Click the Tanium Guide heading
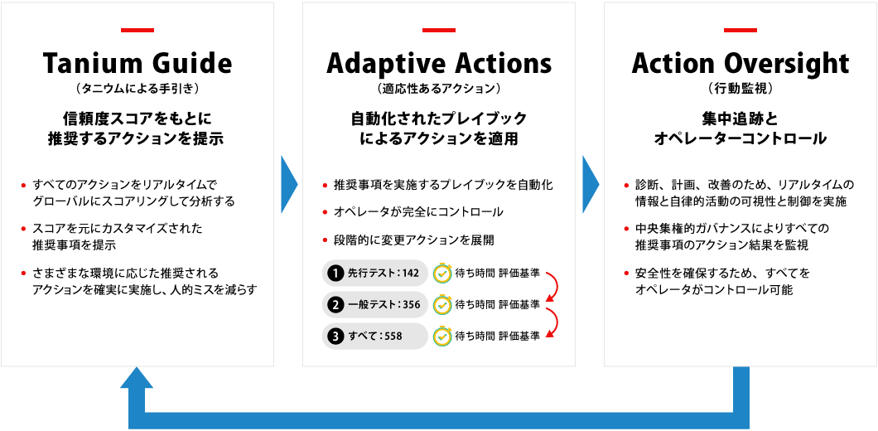(x=137, y=64)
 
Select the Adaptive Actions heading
(x=439, y=64)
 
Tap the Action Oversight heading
(x=741, y=64)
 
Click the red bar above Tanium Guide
(x=137, y=31)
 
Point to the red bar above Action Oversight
(x=741, y=31)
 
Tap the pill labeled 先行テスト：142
(x=375, y=273)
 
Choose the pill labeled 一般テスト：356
(x=375, y=304)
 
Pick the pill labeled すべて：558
(x=375, y=336)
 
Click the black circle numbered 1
(x=335, y=273)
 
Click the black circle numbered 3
(x=335, y=336)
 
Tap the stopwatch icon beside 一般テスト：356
(x=442, y=304)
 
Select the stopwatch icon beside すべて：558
(x=442, y=336)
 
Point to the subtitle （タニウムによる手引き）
(x=137, y=88)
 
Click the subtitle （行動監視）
(x=741, y=88)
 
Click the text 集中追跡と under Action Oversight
(x=741, y=119)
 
